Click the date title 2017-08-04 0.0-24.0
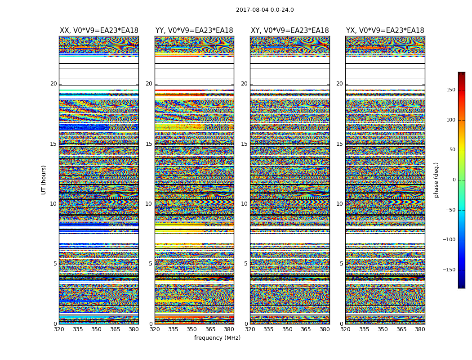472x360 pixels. pyautogui.click(x=265, y=10)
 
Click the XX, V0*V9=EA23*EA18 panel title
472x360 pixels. pyautogui.click(x=99, y=31)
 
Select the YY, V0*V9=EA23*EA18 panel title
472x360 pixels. pyautogui.click(x=194, y=31)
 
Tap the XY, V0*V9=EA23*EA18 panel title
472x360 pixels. pyautogui.click(x=290, y=31)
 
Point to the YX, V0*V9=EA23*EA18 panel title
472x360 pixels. pyautogui.click(x=385, y=31)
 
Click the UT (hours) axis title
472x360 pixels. pyautogui.click(x=44, y=180)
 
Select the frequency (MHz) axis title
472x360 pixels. pyautogui.click(x=217, y=338)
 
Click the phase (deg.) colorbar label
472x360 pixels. pyautogui.click(x=436, y=180)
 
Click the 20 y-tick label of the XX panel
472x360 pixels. pyautogui.click(x=53, y=84)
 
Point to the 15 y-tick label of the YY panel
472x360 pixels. pyautogui.click(x=149, y=144)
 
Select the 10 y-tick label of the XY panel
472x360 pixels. pyautogui.click(x=244, y=204)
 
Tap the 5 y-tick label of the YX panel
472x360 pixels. pyautogui.click(x=341, y=264)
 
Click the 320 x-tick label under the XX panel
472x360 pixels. pyautogui.click(x=59, y=329)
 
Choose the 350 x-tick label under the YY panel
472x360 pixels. pyautogui.click(x=192, y=329)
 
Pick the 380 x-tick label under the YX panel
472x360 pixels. pyautogui.click(x=420, y=329)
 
